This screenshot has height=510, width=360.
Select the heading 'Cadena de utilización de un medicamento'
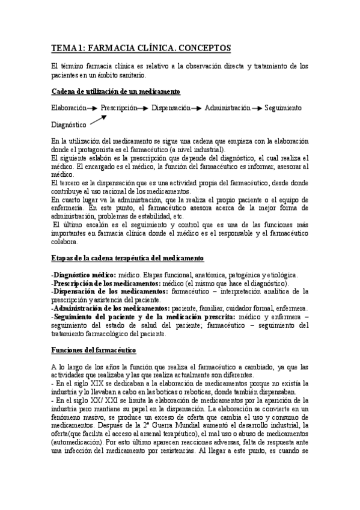tap(115, 91)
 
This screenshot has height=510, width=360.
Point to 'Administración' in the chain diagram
tap(227, 108)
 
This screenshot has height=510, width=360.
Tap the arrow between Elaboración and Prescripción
tap(93, 108)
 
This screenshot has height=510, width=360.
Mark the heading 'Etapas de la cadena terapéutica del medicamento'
tap(127, 258)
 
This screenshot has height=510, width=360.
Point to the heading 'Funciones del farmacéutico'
tap(94, 350)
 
